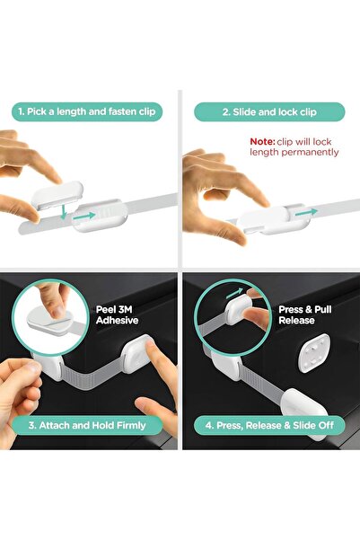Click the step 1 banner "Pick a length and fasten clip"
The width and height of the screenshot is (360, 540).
tap(87, 111)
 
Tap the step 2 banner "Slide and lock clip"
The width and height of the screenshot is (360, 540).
tap(269, 112)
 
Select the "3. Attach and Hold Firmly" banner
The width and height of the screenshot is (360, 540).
tap(87, 425)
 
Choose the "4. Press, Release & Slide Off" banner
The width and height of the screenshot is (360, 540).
tap(269, 425)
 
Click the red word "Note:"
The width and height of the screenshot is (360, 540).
tap(262, 142)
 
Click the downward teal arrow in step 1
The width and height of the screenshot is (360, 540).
tap(64, 212)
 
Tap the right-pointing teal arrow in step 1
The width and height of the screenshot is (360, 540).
tap(83, 217)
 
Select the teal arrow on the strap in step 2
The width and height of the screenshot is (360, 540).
tap(306, 212)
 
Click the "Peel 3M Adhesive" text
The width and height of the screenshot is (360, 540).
tap(117, 314)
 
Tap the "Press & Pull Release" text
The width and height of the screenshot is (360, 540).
tap(305, 314)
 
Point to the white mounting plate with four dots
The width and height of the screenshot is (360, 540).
tap(314, 353)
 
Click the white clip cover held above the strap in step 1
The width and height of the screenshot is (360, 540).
tap(57, 195)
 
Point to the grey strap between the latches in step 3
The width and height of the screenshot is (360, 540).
tap(93, 376)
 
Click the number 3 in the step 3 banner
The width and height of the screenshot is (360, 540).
tap(31, 425)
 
